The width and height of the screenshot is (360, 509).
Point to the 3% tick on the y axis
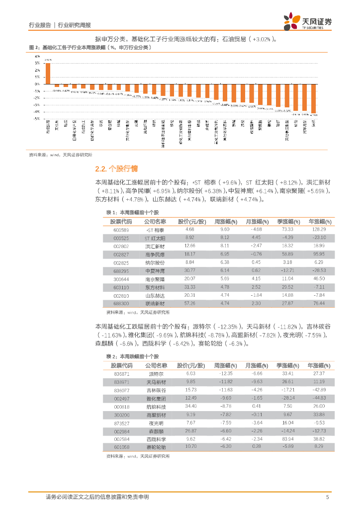click(x=37, y=63)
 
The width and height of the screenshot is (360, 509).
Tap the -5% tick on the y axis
click(x=37, y=119)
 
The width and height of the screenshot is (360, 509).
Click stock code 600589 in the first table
click(x=121, y=230)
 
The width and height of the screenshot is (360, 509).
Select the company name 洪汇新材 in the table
click(x=154, y=246)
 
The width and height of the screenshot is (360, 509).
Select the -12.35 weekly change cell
click(x=226, y=373)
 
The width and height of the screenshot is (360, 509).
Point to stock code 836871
click(x=122, y=373)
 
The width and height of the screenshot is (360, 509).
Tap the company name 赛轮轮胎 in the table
click(x=155, y=447)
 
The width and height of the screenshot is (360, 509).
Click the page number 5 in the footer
click(x=327, y=497)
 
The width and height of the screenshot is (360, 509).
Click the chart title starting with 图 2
click(x=89, y=48)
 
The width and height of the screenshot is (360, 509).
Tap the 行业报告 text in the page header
click(x=40, y=24)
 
